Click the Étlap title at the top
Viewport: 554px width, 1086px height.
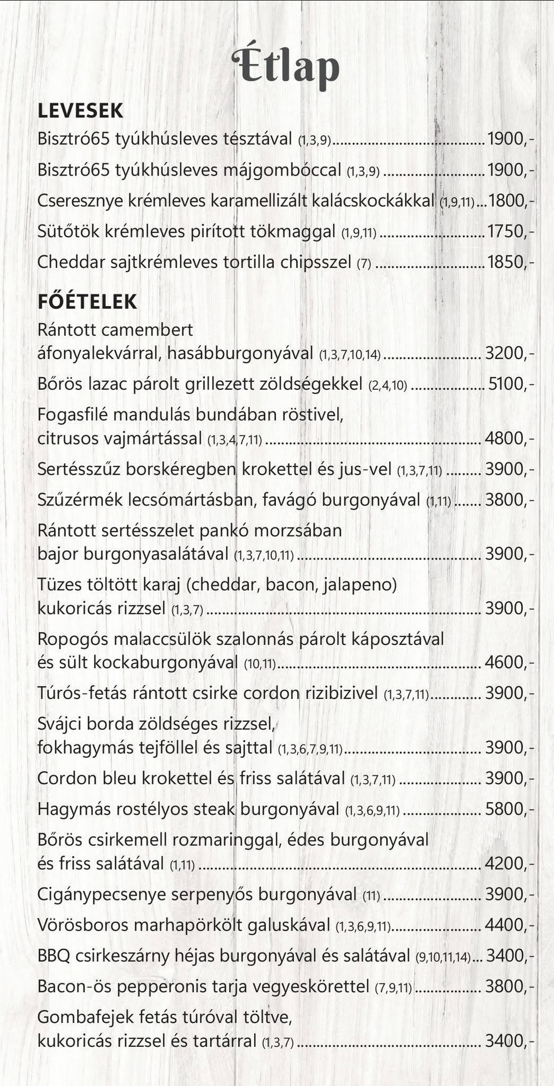285,66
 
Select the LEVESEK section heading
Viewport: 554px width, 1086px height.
80,111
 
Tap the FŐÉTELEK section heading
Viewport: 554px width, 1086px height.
87,301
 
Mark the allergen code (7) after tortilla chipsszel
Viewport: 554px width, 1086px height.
363,263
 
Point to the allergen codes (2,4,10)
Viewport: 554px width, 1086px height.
387,384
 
